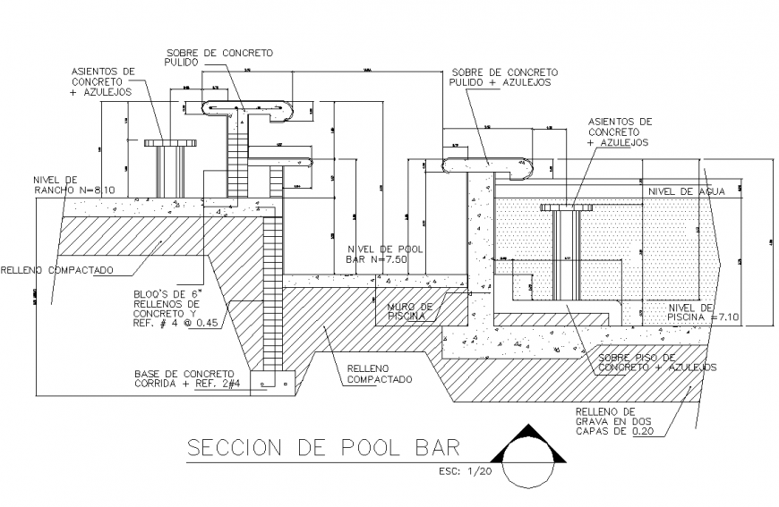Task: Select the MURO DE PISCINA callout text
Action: tap(409, 310)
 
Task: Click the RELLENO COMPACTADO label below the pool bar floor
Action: tap(375, 373)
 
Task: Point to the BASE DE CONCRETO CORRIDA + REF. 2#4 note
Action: tap(184, 378)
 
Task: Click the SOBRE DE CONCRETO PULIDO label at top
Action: tap(219, 57)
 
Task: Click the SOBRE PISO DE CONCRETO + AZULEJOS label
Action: tap(656, 362)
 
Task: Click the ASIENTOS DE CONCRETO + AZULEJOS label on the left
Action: tap(103, 80)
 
